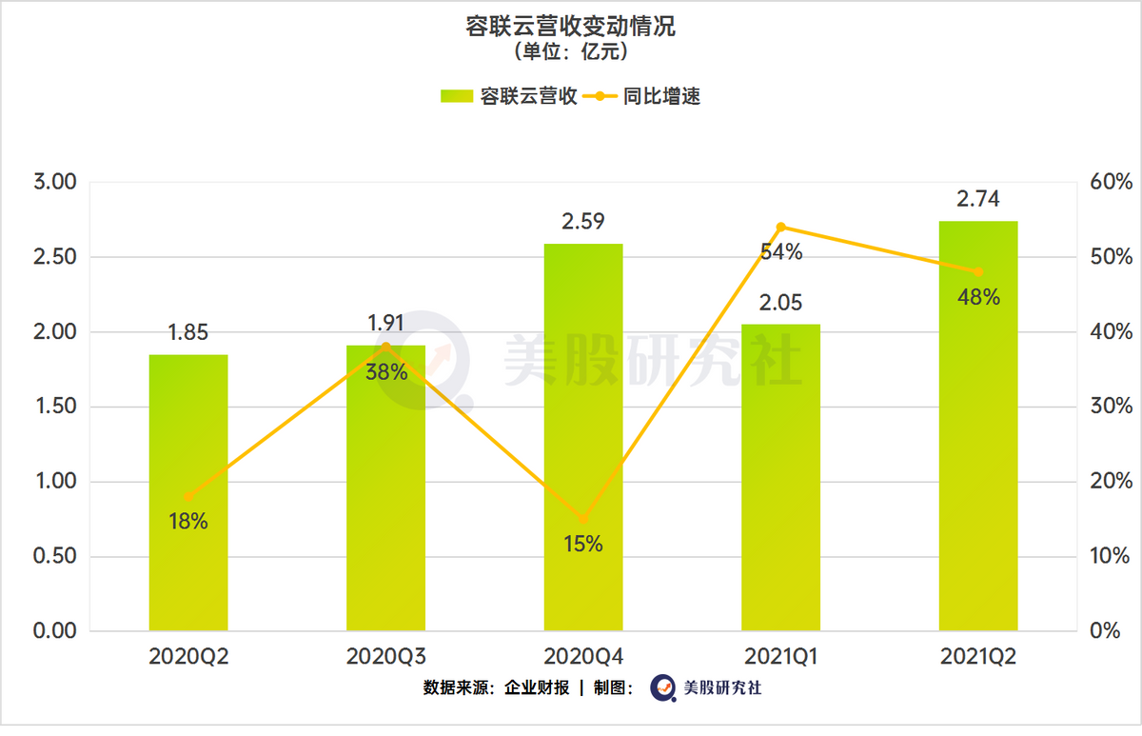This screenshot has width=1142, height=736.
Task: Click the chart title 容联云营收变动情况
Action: pos(570,27)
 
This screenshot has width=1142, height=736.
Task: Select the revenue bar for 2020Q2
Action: pos(188,495)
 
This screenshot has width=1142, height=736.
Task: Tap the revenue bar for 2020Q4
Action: pos(583,438)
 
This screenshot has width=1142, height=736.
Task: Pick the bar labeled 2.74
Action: pos(978,428)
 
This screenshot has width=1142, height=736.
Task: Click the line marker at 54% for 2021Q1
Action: pos(781,227)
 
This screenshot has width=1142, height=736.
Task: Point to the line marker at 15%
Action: pos(583,520)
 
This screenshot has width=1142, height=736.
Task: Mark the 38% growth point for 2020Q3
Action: pos(385,347)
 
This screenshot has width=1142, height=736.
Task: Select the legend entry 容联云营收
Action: pos(509,96)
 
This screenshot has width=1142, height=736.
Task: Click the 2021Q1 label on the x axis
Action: pos(780,657)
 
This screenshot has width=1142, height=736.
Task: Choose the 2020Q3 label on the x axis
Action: pos(385,657)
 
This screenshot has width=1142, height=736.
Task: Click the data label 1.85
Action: pos(187,333)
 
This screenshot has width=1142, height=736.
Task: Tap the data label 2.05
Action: pos(781,303)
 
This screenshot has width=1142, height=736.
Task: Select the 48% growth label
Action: pos(978,297)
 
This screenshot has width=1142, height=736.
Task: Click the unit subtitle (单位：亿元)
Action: pos(570,52)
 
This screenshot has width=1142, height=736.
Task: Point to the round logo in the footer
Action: pos(663,687)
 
